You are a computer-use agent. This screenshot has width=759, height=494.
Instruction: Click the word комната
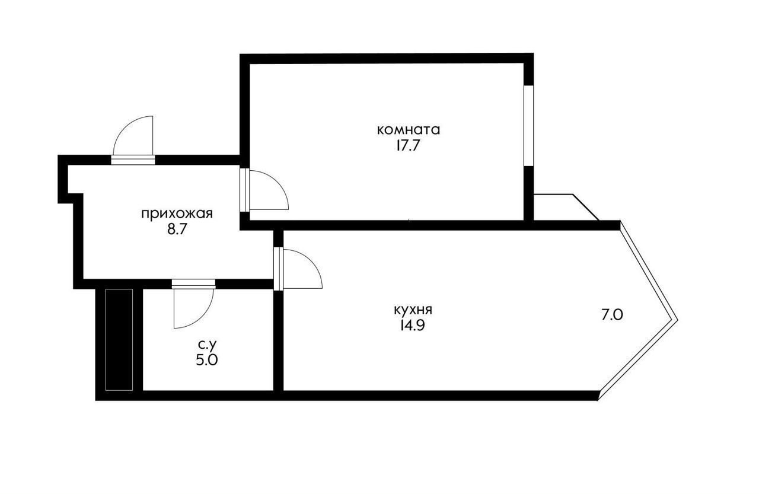(x=409, y=130)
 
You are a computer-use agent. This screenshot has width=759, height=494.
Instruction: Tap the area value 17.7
(x=409, y=146)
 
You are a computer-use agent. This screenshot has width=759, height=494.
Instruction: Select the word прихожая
(x=177, y=214)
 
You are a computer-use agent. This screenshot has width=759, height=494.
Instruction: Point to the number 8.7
(x=177, y=230)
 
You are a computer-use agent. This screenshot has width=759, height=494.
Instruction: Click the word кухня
(x=413, y=310)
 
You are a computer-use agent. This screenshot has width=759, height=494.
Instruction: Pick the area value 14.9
(x=413, y=326)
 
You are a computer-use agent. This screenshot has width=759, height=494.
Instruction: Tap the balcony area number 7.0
(x=613, y=315)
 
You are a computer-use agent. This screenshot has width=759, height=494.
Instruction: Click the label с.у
(x=207, y=345)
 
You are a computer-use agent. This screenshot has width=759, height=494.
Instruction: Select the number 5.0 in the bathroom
(x=207, y=361)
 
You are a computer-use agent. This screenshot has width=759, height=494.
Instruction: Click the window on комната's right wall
(x=528, y=126)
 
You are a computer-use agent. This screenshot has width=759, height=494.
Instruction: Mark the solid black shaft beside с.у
(x=119, y=339)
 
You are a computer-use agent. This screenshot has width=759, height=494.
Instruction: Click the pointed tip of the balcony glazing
(x=677, y=320)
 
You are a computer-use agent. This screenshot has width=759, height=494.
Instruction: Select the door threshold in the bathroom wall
(x=193, y=284)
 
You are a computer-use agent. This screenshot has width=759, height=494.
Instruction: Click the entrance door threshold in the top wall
(x=133, y=160)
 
